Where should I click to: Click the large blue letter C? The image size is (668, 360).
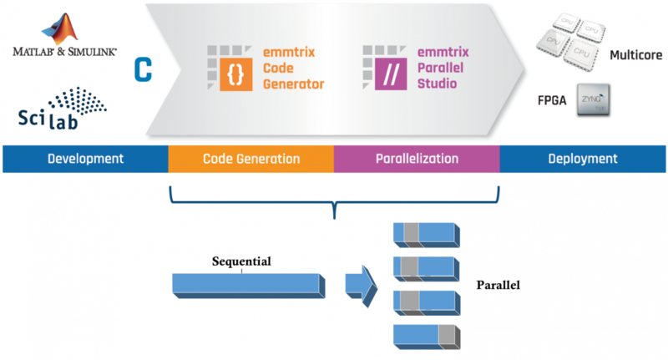click(144, 69)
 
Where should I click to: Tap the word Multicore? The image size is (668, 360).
click(635, 55)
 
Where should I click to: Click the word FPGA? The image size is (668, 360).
click(552, 100)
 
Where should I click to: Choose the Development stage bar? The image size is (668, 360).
click(85, 159)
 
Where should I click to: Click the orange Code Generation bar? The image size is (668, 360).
click(250, 159)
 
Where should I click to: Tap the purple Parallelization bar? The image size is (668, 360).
click(417, 159)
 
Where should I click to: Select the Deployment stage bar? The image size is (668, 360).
click(583, 159)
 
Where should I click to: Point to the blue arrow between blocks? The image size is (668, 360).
click(361, 284)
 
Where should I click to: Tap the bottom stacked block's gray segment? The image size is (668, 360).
click(448, 337)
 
